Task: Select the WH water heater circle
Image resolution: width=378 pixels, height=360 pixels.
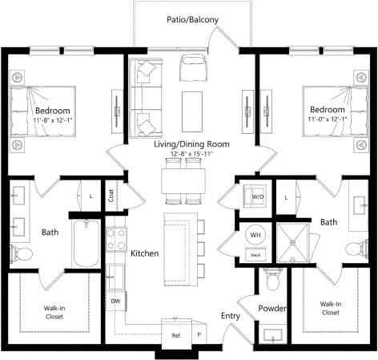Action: tap(255, 235)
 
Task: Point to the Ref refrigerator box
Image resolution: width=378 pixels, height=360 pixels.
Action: tap(175, 334)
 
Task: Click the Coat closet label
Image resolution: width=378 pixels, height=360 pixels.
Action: tap(111, 193)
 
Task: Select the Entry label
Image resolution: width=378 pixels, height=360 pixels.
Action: tap(230, 317)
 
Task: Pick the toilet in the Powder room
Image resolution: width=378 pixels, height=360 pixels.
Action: tap(272, 281)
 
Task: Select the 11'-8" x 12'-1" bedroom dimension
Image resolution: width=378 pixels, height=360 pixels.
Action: tap(53, 120)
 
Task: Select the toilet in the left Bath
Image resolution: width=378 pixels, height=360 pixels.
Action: tap(22, 253)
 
